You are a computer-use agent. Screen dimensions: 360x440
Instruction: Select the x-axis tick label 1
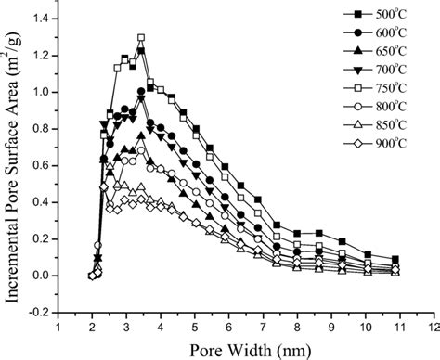click(x=59, y=326)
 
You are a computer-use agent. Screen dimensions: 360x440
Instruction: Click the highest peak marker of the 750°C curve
click(x=141, y=38)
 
